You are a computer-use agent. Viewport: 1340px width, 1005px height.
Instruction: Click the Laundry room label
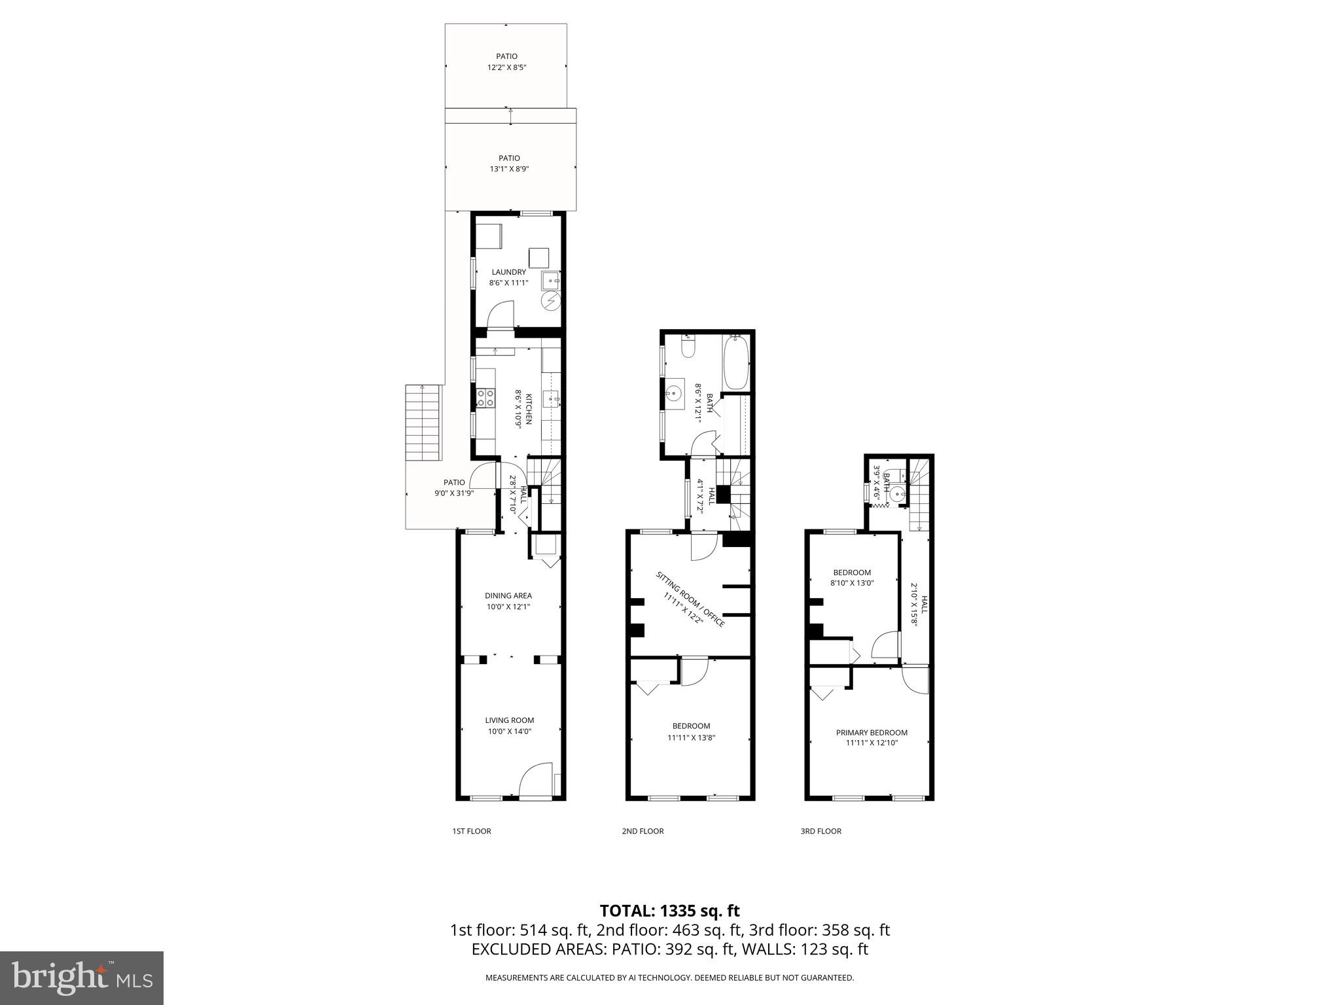(x=508, y=272)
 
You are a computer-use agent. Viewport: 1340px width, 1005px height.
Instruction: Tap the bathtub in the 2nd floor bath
(x=737, y=362)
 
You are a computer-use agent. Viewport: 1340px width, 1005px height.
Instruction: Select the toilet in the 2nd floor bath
(x=687, y=347)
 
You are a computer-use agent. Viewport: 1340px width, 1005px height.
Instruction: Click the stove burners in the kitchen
(x=485, y=398)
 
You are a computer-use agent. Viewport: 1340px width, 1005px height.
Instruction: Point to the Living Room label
(x=509, y=720)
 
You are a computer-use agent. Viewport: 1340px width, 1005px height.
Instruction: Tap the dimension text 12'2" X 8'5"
(x=506, y=67)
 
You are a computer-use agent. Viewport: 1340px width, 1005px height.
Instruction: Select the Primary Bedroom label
(x=872, y=732)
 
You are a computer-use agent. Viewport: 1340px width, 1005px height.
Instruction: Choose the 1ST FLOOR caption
(x=471, y=831)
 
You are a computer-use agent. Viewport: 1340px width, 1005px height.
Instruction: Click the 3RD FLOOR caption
(x=820, y=831)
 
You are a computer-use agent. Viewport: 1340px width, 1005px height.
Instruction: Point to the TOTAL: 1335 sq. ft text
(x=669, y=911)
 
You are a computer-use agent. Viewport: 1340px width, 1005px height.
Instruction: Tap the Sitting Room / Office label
(x=690, y=599)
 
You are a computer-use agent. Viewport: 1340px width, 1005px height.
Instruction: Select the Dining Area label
(x=508, y=595)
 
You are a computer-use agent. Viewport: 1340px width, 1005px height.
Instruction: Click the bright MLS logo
(x=82, y=978)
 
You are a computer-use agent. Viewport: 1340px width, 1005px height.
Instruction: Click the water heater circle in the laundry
(x=551, y=301)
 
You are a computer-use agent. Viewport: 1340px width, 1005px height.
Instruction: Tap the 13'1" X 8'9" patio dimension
(x=509, y=169)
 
